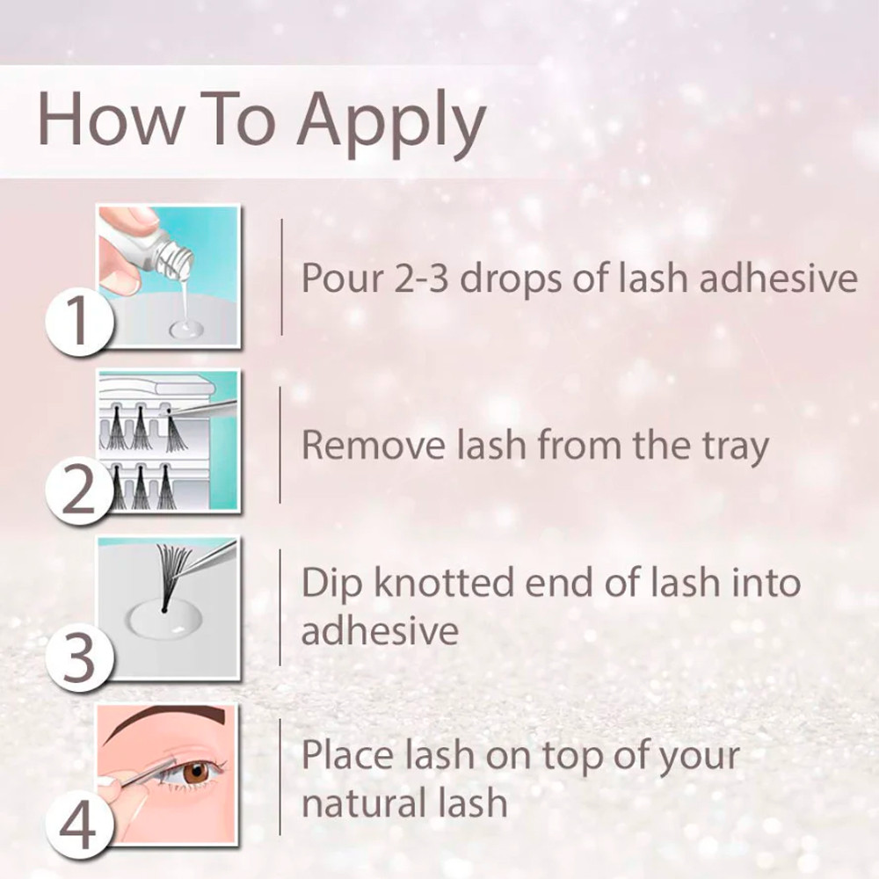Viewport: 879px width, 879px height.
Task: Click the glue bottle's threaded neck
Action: pos(174,259)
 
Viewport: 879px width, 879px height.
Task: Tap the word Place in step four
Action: pos(347,754)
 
